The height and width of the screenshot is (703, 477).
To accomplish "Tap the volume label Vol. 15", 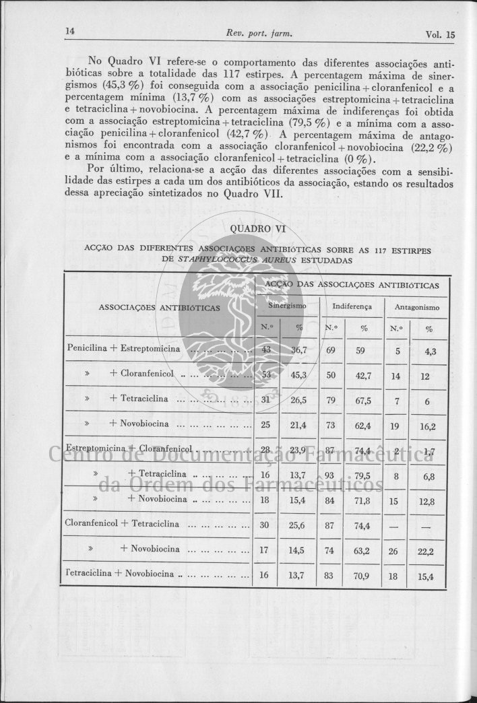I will click(x=441, y=34).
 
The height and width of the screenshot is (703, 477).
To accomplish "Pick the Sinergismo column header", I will click(x=287, y=306).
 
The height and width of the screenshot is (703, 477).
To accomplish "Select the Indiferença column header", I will click(x=352, y=306).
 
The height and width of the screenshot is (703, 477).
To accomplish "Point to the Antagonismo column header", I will click(x=417, y=307).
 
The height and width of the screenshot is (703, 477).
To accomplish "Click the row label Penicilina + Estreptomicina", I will click(x=124, y=349).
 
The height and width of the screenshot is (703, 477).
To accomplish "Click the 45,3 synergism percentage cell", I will click(x=298, y=375).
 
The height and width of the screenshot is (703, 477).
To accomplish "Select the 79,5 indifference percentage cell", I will click(x=364, y=475).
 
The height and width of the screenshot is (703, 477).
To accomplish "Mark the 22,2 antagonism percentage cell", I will click(x=425, y=551).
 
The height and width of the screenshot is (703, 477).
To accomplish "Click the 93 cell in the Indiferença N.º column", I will click(x=331, y=475).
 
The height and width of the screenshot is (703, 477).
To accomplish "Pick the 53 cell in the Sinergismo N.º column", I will click(x=265, y=374).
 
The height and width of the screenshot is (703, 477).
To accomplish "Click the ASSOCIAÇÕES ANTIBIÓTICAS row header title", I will click(x=160, y=308).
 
